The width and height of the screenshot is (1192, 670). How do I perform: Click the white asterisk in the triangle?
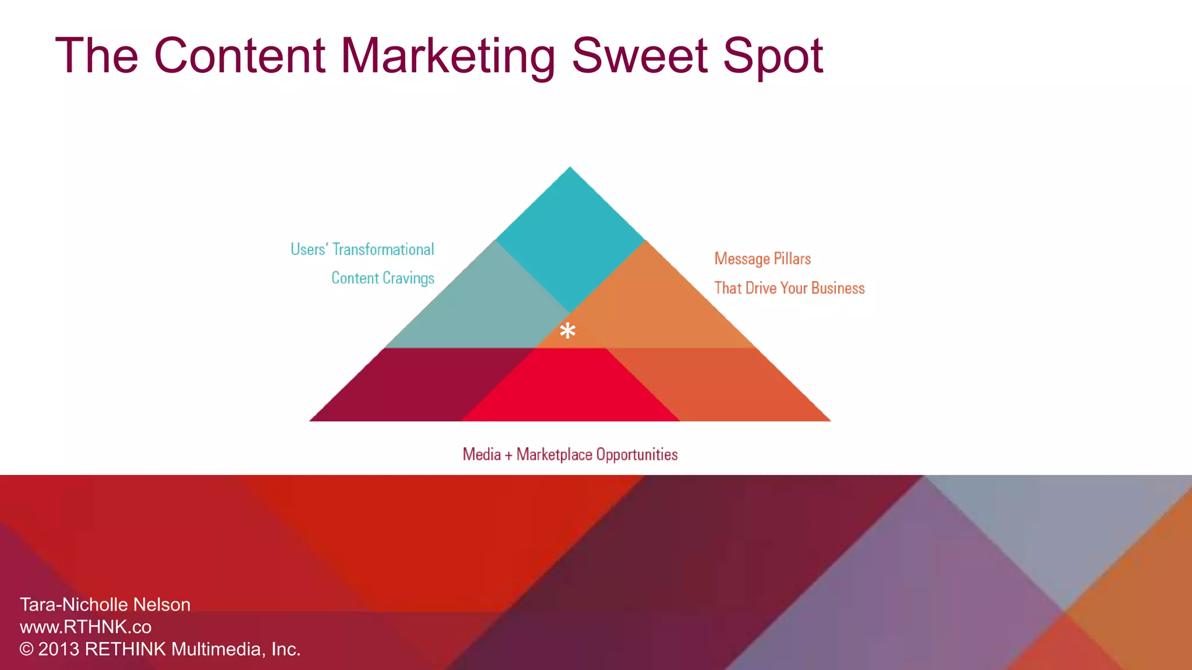point(567,331)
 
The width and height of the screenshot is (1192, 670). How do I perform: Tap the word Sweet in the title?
point(638,56)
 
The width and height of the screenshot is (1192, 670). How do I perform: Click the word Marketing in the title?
point(448,56)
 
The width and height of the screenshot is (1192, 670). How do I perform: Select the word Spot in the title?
point(773,56)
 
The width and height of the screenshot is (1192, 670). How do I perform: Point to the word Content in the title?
point(239,56)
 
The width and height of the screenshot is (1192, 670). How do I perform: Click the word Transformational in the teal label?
point(383,250)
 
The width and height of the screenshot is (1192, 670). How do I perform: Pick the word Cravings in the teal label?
point(408,278)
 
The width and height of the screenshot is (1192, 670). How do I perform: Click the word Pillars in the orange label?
point(792,259)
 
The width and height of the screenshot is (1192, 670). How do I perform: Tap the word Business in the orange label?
point(838,288)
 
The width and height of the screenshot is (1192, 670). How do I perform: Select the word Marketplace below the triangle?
point(554,455)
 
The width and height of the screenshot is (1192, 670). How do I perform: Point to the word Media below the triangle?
point(481,455)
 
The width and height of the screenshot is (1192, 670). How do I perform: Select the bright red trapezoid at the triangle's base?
point(570,387)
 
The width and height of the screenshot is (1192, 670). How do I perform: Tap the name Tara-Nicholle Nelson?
point(105,605)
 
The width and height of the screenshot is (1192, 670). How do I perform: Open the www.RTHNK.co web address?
point(86,627)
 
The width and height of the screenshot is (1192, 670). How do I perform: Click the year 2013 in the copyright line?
point(58,649)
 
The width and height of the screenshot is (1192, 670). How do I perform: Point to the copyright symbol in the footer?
point(26,649)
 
